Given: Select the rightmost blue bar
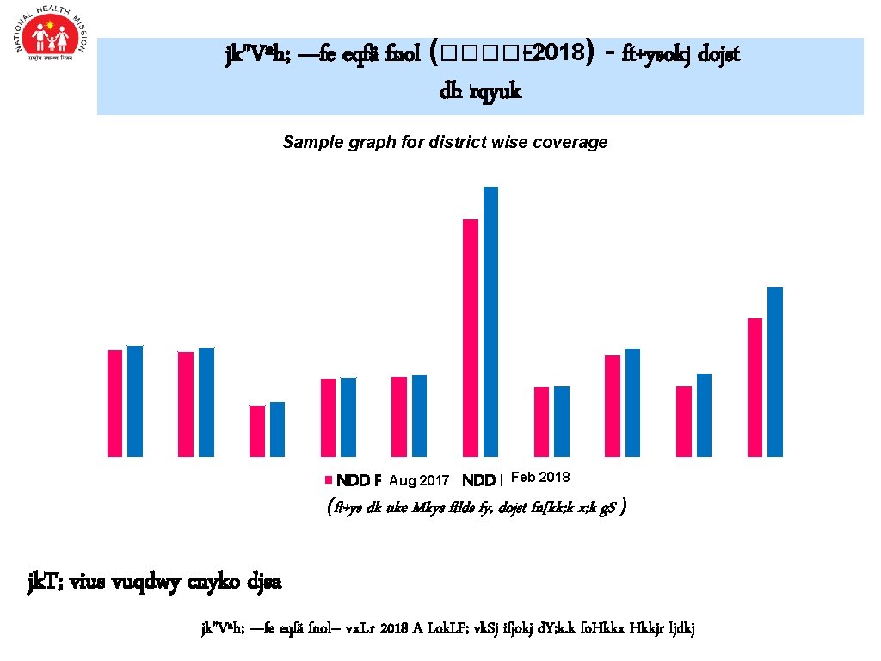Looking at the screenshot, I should (775, 371).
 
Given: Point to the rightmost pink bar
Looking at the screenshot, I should (755, 386).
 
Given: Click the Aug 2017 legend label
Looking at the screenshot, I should (419, 479).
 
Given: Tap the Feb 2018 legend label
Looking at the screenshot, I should (540, 477).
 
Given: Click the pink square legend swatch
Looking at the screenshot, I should (328, 480).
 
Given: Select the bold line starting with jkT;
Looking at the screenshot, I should (155, 582).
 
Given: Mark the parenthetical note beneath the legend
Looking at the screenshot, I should (477, 508).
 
